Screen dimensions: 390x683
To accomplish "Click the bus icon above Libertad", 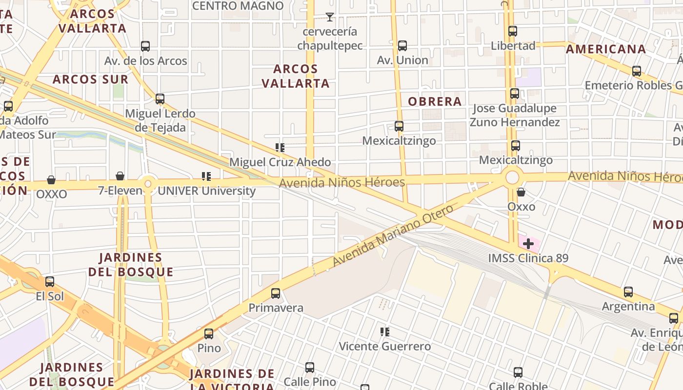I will pyautogui.click(x=512, y=31).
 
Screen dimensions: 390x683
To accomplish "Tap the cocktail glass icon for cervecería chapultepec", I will pyautogui.click(x=330, y=17).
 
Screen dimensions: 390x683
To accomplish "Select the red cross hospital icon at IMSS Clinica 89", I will pyautogui.click(x=528, y=243).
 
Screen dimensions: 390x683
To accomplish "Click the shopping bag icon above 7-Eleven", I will pyautogui.click(x=120, y=176).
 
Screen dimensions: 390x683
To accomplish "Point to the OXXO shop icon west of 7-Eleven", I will pyautogui.click(x=51, y=180).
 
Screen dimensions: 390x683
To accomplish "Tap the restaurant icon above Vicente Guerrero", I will pyautogui.click(x=385, y=332).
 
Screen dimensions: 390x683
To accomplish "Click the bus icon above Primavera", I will pyautogui.click(x=276, y=293).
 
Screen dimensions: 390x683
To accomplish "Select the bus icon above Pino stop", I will pyautogui.click(x=209, y=334).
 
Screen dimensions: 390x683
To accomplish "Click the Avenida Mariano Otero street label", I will pyautogui.click(x=393, y=235).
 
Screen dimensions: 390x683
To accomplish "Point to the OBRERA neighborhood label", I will pyautogui.click(x=435, y=101).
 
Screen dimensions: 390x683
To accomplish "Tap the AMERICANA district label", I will pyautogui.click(x=606, y=49).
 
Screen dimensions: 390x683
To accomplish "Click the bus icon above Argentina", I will pyautogui.click(x=628, y=292).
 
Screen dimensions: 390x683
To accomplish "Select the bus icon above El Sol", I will pyautogui.click(x=50, y=282).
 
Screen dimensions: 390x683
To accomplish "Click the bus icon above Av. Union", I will pyautogui.click(x=402, y=46).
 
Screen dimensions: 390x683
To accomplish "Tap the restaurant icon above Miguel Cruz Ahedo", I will pyautogui.click(x=280, y=147).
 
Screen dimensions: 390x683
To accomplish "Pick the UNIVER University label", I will pyautogui.click(x=206, y=191).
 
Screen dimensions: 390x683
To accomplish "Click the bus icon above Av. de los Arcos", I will pyautogui.click(x=145, y=46).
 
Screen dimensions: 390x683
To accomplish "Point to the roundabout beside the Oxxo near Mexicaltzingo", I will pyautogui.click(x=512, y=177).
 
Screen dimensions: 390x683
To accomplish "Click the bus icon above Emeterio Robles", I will pyautogui.click(x=637, y=71).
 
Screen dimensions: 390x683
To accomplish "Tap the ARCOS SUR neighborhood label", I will pyautogui.click(x=91, y=79).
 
